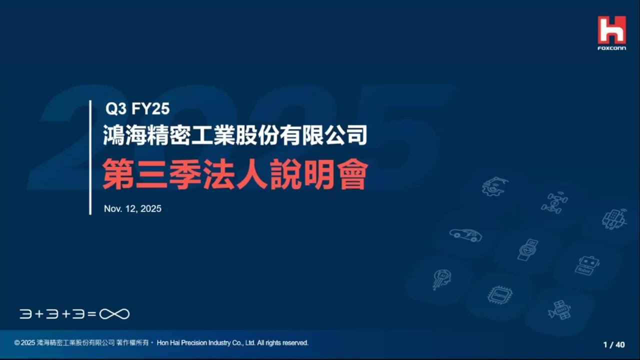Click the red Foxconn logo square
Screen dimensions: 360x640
(611, 30)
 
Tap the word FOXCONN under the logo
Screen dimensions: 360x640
(611, 48)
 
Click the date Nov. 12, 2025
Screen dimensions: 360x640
(132, 209)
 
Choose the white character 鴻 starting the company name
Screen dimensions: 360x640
(113, 135)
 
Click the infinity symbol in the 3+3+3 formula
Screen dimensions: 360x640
(114, 314)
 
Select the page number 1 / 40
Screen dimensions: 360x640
(614, 344)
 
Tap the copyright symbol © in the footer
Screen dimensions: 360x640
(17, 343)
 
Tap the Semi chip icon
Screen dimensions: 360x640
(499, 295)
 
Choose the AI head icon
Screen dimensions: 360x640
(442, 279)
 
